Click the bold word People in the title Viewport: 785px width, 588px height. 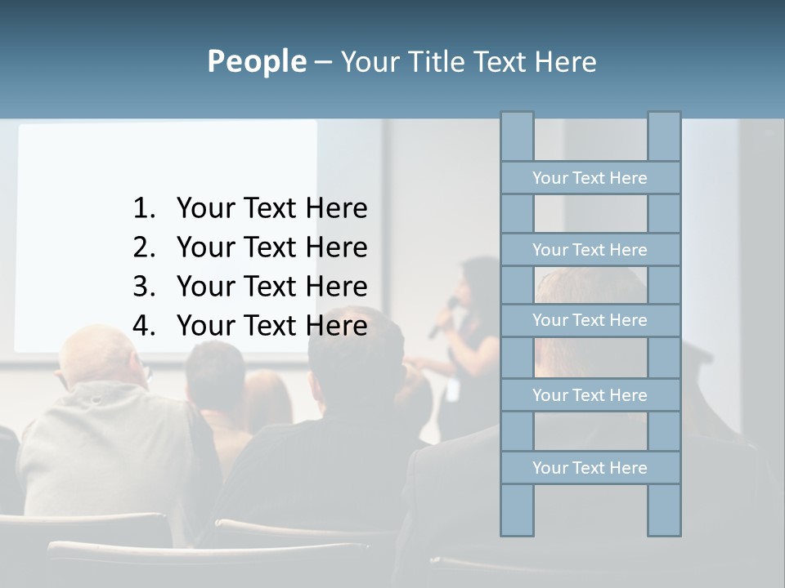(256, 62)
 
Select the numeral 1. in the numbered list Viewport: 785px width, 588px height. (144, 209)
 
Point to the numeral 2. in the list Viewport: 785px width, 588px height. (144, 247)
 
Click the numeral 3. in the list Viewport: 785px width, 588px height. (144, 287)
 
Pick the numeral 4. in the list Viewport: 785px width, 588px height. (144, 326)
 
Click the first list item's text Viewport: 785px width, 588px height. (271, 209)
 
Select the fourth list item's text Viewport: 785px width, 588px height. (271, 326)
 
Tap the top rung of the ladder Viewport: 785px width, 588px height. (590, 178)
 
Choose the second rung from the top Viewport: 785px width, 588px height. (590, 250)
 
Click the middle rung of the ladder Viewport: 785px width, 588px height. (590, 321)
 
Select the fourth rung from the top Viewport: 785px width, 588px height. (590, 395)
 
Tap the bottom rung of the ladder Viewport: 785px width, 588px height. (590, 468)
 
